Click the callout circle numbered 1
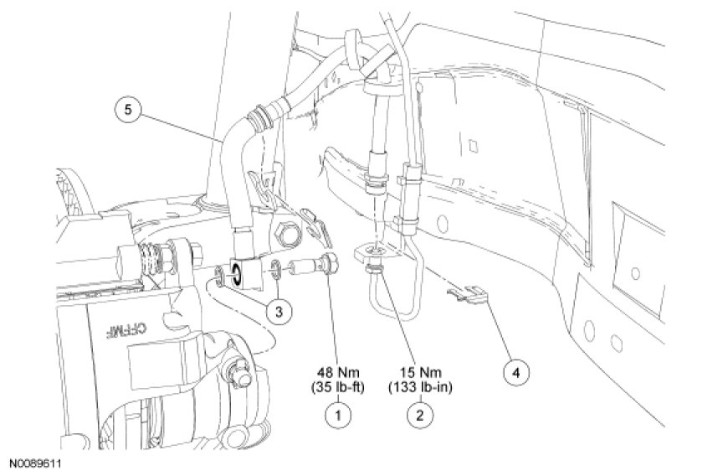337,414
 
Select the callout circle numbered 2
420,414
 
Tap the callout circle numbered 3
279,312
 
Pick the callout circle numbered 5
128,110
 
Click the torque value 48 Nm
338,372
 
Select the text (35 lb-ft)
338,386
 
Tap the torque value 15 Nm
421,372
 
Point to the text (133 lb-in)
421,386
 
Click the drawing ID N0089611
35,463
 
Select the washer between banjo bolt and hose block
274,269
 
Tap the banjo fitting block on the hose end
243,273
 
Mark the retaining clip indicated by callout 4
468,293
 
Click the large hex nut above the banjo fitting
287,233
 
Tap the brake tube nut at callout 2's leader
374,269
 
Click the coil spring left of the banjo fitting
151,261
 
